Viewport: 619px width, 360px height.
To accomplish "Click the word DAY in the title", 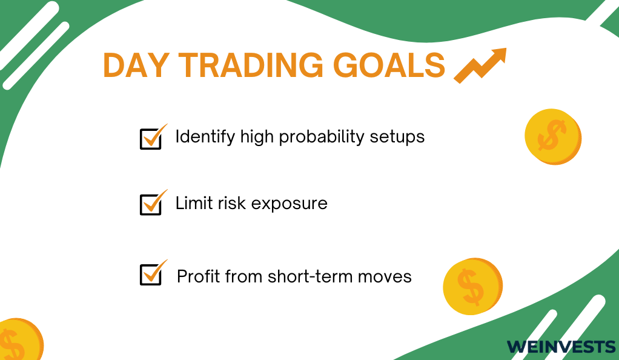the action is [136, 65].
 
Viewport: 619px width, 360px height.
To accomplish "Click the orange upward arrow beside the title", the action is [480, 65].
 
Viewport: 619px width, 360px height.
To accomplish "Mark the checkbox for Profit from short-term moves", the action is [151, 275].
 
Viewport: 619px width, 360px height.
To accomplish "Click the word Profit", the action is [199, 276].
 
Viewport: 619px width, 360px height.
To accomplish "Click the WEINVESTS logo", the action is [561, 347].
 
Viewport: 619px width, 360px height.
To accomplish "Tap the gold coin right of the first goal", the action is [553, 137].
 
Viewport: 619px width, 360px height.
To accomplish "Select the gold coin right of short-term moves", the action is [473, 287].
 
